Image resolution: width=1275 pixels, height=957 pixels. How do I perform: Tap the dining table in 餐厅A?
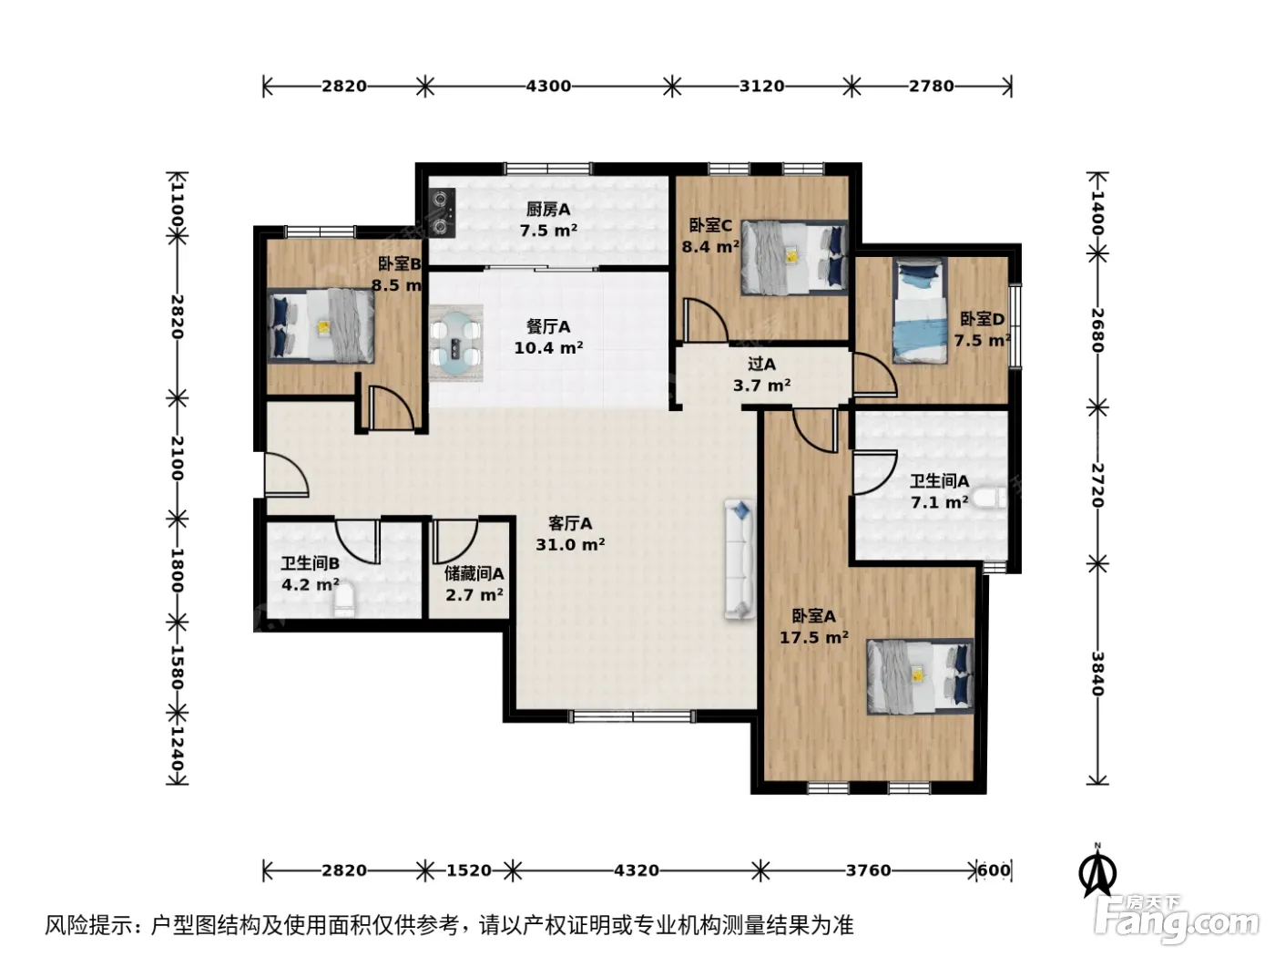[x=456, y=344]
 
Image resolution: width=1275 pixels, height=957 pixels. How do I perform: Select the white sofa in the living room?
[x=739, y=559]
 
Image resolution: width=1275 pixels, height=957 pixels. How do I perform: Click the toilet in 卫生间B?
[x=343, y=601]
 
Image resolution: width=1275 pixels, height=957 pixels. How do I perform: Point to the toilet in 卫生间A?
[x=989, y=498]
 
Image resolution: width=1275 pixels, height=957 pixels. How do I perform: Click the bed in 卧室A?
[x=920, y=676]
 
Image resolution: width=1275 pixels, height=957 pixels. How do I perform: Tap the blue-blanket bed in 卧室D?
[x=922, y=311]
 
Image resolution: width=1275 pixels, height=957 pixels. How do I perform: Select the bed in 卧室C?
[x=793, y=257]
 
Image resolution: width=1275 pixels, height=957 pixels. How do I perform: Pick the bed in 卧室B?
[x=321, y=326]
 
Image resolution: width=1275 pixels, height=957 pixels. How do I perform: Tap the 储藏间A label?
[x=474, y=574]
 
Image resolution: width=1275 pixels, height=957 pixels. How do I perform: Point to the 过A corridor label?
[x=761, y=365]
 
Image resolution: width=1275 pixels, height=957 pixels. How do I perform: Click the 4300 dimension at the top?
[x=548, y=87]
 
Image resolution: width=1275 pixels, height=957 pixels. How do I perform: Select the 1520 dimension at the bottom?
[x=469, y=870]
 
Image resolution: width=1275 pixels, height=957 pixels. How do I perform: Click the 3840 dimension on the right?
[x=1096, y=674]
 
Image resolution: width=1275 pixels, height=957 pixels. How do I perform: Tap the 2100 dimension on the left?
[x=178, y=458]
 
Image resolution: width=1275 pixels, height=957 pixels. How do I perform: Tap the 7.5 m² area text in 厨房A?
[x=548, y=231]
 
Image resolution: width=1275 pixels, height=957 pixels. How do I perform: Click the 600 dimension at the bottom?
[x=994, y=870]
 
